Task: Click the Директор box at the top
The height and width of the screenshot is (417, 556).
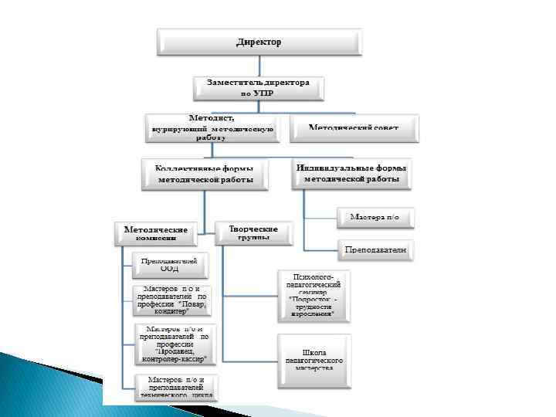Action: coord(259,42)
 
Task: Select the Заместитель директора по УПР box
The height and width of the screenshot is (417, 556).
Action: coord(258,87)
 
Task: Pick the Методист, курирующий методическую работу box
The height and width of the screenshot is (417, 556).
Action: coord(211,127)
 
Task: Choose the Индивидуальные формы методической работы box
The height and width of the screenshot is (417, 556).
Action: coord(352,174)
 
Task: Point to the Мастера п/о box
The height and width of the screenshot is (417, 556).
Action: coord(375,217)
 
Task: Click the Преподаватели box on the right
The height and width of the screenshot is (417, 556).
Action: coord(375,250)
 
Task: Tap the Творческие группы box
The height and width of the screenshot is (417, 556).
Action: coord(254,232)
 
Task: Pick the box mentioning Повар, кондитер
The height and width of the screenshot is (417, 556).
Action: coord(172,300)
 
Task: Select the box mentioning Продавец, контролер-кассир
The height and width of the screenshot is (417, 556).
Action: coord(174,344)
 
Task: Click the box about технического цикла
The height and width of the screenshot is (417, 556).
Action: coord(177,386)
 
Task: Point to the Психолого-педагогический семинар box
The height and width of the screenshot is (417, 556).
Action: coord(314,296)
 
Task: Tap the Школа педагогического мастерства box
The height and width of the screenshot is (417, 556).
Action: coord(314,361)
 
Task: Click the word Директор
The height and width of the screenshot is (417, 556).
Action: coord(259,42)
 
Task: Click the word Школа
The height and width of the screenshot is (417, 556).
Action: coord(314,351)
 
